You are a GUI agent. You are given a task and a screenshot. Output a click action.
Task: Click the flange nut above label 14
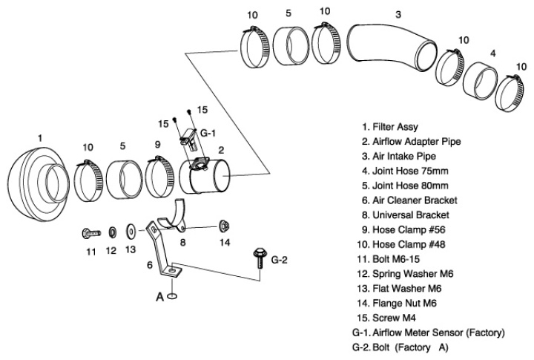pos(223,225)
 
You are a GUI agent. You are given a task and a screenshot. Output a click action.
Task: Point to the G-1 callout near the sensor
pos(208,134)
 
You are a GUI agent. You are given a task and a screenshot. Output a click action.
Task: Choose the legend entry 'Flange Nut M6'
pos(402,303)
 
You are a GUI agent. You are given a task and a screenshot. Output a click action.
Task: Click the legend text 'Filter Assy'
pos(390,126)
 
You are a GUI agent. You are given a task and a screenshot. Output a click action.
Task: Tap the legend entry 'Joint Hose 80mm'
pos(400,185)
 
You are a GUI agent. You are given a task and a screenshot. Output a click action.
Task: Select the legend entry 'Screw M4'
pos(393,317)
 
